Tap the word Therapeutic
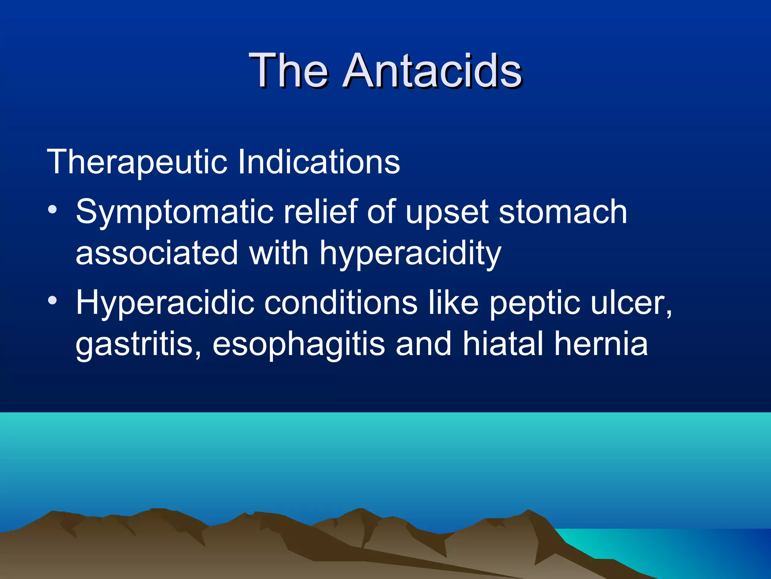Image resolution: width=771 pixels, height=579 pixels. point(137,162)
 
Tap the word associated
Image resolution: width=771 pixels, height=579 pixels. point(157,253)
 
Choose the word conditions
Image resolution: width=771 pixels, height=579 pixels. point(341,303)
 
